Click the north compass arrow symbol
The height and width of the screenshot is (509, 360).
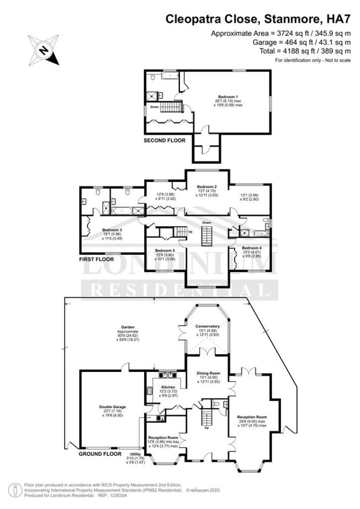[x=44, y=50]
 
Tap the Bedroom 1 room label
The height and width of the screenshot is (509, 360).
[x=228, y=96]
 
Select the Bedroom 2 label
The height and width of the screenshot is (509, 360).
[x=207, y=187]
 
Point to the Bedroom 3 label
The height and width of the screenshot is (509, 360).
[x=112, y=230]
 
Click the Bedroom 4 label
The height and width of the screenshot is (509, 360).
[x=252, y=248]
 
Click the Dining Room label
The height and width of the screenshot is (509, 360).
[x=207, y=372]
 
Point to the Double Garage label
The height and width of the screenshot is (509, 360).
[x=111, y=407]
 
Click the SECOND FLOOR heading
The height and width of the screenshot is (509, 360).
[x=165, y=141]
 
